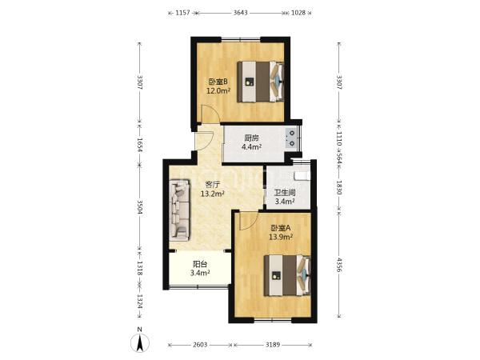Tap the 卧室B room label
pos(218,82)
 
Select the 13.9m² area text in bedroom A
pos(281,237)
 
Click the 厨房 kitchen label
pos(251,138)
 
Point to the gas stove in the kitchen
pos(291,138)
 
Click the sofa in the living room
pos(179,210)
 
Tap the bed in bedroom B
pos(261,82)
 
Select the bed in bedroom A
pos(287,275)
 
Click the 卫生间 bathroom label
pos(285,193)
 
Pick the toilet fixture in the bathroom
pos(302,176)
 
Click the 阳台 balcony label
pos(200,264)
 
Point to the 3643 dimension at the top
pos(241,13)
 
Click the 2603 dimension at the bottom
pos(200,345)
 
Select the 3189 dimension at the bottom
pos(273,345)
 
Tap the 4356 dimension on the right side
pos(339,265)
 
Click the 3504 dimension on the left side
pos(139,207)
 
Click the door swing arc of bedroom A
pos(252,224)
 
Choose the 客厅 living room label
pos(213,185)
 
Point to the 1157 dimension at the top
pos(182,13)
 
